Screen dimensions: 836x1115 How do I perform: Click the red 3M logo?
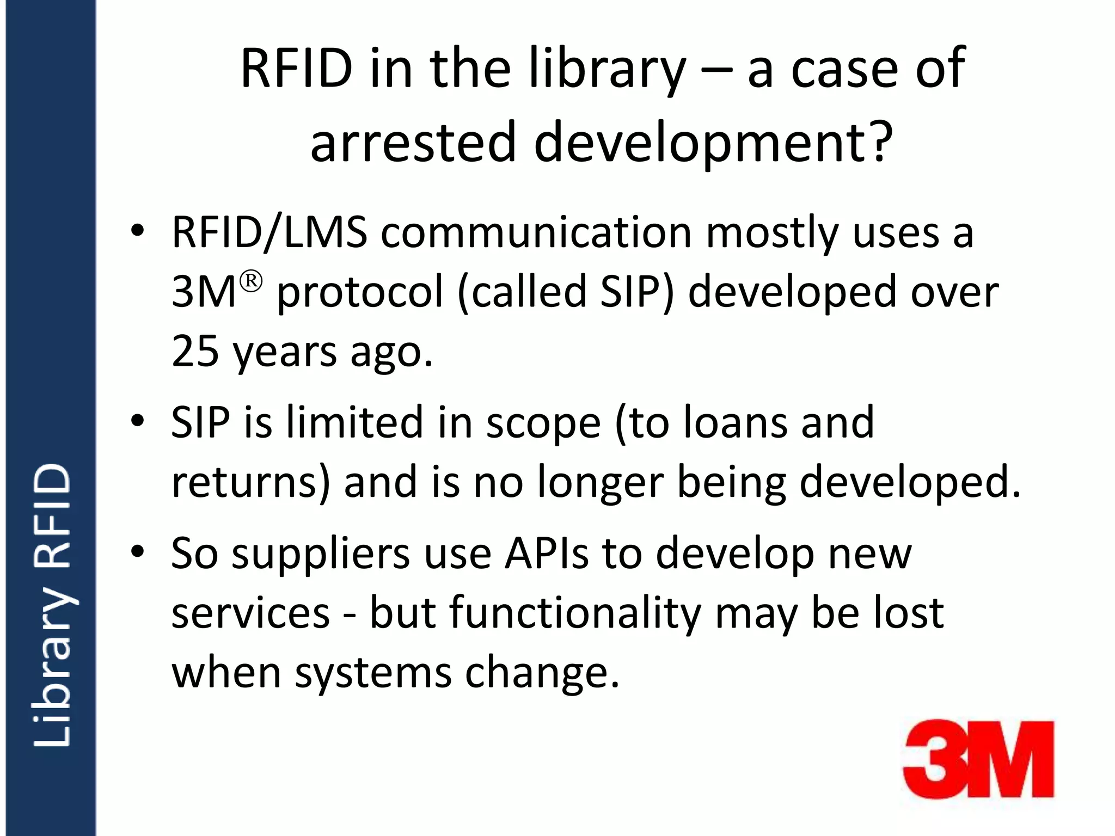click(978, 759)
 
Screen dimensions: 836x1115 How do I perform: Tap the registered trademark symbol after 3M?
click(251, 281)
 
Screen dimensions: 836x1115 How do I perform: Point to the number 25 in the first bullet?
click(195, 351)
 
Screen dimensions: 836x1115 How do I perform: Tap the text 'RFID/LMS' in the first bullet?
click(269, 233)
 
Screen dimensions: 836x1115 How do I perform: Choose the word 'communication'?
click(536, 233)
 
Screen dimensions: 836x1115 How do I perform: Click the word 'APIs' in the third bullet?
click(546, 554)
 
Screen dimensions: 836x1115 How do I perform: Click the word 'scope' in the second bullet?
click(543, 423)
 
